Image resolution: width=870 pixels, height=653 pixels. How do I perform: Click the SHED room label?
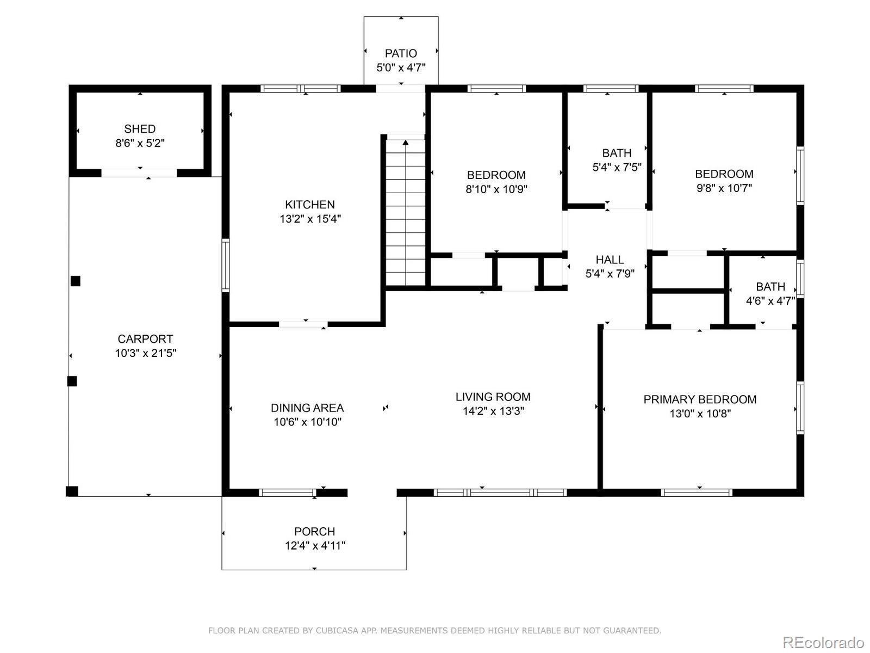click(x=140, y=129)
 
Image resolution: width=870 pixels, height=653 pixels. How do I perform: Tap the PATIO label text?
click(x=401, y=53)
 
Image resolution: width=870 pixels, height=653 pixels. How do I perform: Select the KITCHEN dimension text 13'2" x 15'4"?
click(x=310, y=219)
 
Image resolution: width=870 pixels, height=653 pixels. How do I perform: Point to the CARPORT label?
click(x=145, y=339)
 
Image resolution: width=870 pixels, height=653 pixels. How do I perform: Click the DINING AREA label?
click(x=307, y=408)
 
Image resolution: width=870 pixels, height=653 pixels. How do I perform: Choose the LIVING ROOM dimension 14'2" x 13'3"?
click(x=493, y=411)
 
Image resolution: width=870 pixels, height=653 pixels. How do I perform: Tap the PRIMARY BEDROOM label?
click(x=700, y=399)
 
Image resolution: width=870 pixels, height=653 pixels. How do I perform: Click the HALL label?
click(x=610, y=260)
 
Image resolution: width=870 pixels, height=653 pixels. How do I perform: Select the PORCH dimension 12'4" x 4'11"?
click(x=315, y=546)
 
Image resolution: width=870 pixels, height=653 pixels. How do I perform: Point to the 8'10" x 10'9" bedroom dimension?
click(x=496, y=189)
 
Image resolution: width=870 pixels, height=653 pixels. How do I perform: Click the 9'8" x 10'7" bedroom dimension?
click(x=724, y=188)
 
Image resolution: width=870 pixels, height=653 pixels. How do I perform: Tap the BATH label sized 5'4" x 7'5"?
click(x=617, y=153)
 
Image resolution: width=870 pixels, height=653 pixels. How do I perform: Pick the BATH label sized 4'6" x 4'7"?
click(x=770, y=287)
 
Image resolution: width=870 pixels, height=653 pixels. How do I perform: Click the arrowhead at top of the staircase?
click(x=405, y=143)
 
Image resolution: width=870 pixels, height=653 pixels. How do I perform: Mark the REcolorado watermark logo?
click(x=823, y=642)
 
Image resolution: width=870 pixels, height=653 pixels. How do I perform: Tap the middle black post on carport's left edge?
click(x=72, y=381)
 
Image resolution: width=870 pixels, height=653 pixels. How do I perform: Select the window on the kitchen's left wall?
click(x=225, y=265)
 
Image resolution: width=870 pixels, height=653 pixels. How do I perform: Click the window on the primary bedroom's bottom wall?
click(x=697, y=492)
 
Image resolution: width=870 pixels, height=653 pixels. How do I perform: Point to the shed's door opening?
click(x=139, y=173)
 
